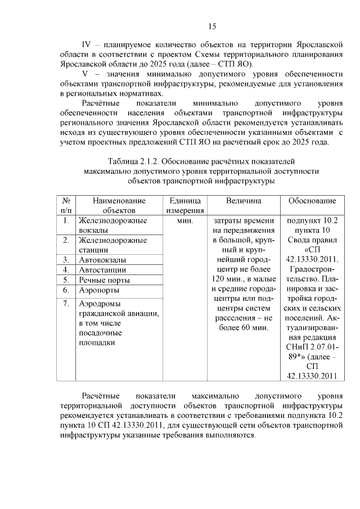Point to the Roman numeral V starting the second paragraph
click(x=86, y=74)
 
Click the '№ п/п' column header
click(x=66, y=205)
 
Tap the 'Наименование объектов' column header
click(x=119, y=205)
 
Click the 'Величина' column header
click(x=244, y=201)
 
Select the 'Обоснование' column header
click(x=312, y=201)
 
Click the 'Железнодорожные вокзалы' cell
click(x=112, y=226)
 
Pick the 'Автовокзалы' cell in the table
click(x=102, y=260)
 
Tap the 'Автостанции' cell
click(x=102, y=270)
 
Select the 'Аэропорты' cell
click(x=99, y=290)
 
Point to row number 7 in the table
click(x=66, y=304)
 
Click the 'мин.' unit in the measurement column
click(x=184, y=221)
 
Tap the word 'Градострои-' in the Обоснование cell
click(x=312, y=270)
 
